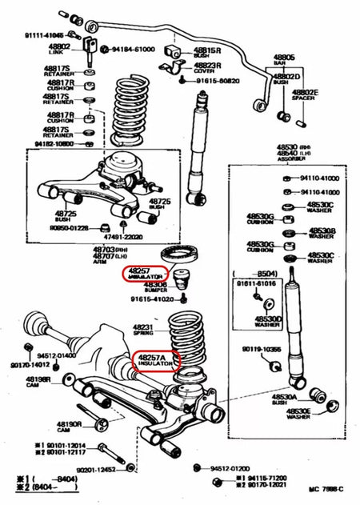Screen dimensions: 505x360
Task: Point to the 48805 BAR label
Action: [285, 61]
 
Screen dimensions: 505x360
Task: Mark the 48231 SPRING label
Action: [143, 330]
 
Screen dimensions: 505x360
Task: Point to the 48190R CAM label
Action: [70, 427]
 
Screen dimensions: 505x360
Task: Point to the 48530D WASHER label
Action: [267, 321]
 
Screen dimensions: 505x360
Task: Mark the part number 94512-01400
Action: [55, 355]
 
